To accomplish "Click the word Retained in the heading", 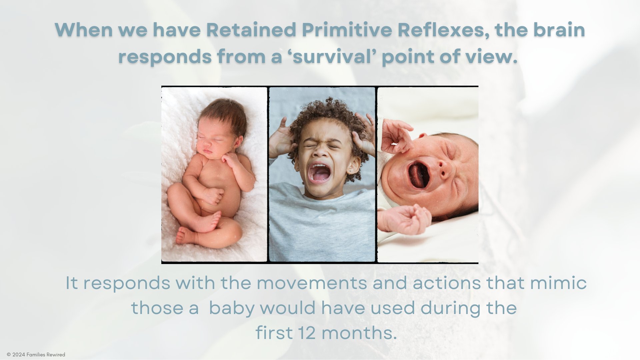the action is (251, 30).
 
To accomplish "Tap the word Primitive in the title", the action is (347, 30).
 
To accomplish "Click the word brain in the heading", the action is (559, 30).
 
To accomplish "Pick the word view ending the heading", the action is (492, 56).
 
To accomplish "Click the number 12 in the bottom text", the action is (307, 333).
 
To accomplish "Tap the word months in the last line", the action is (359, 333).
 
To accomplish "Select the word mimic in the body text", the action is (558, 283).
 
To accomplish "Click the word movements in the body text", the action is (312, 283).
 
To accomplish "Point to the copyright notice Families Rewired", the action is (36, 355).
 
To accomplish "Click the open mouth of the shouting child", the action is (319, 172).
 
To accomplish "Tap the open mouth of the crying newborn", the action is (418, 175).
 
